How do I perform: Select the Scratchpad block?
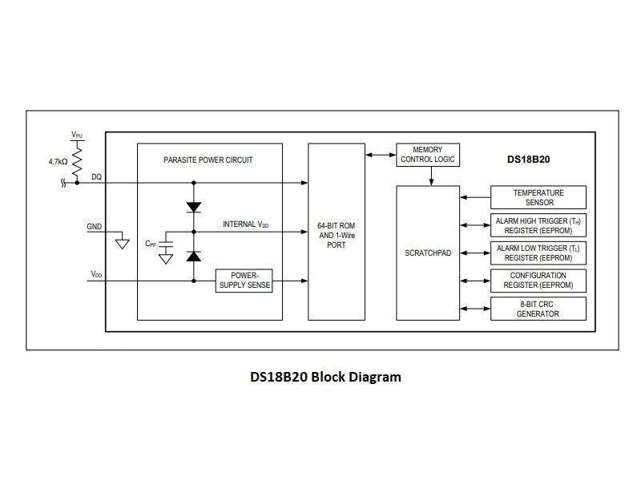(428, 253)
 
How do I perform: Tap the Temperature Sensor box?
(538, 197)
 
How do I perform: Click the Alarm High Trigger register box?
(538, 225)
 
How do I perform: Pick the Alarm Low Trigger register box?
(538, 253)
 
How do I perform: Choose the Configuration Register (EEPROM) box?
(538, 281)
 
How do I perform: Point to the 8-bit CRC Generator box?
(538, 309)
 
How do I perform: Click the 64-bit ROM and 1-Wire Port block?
(337, 232)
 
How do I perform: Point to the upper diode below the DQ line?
(193, 206)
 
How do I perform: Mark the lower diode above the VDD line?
(193, 256)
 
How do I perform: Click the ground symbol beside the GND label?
(122, 242)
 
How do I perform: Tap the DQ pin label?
(96, 176)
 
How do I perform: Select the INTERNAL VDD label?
(245, 224)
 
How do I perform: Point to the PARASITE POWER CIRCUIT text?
(208, 160)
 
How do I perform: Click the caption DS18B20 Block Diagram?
(325, 377)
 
